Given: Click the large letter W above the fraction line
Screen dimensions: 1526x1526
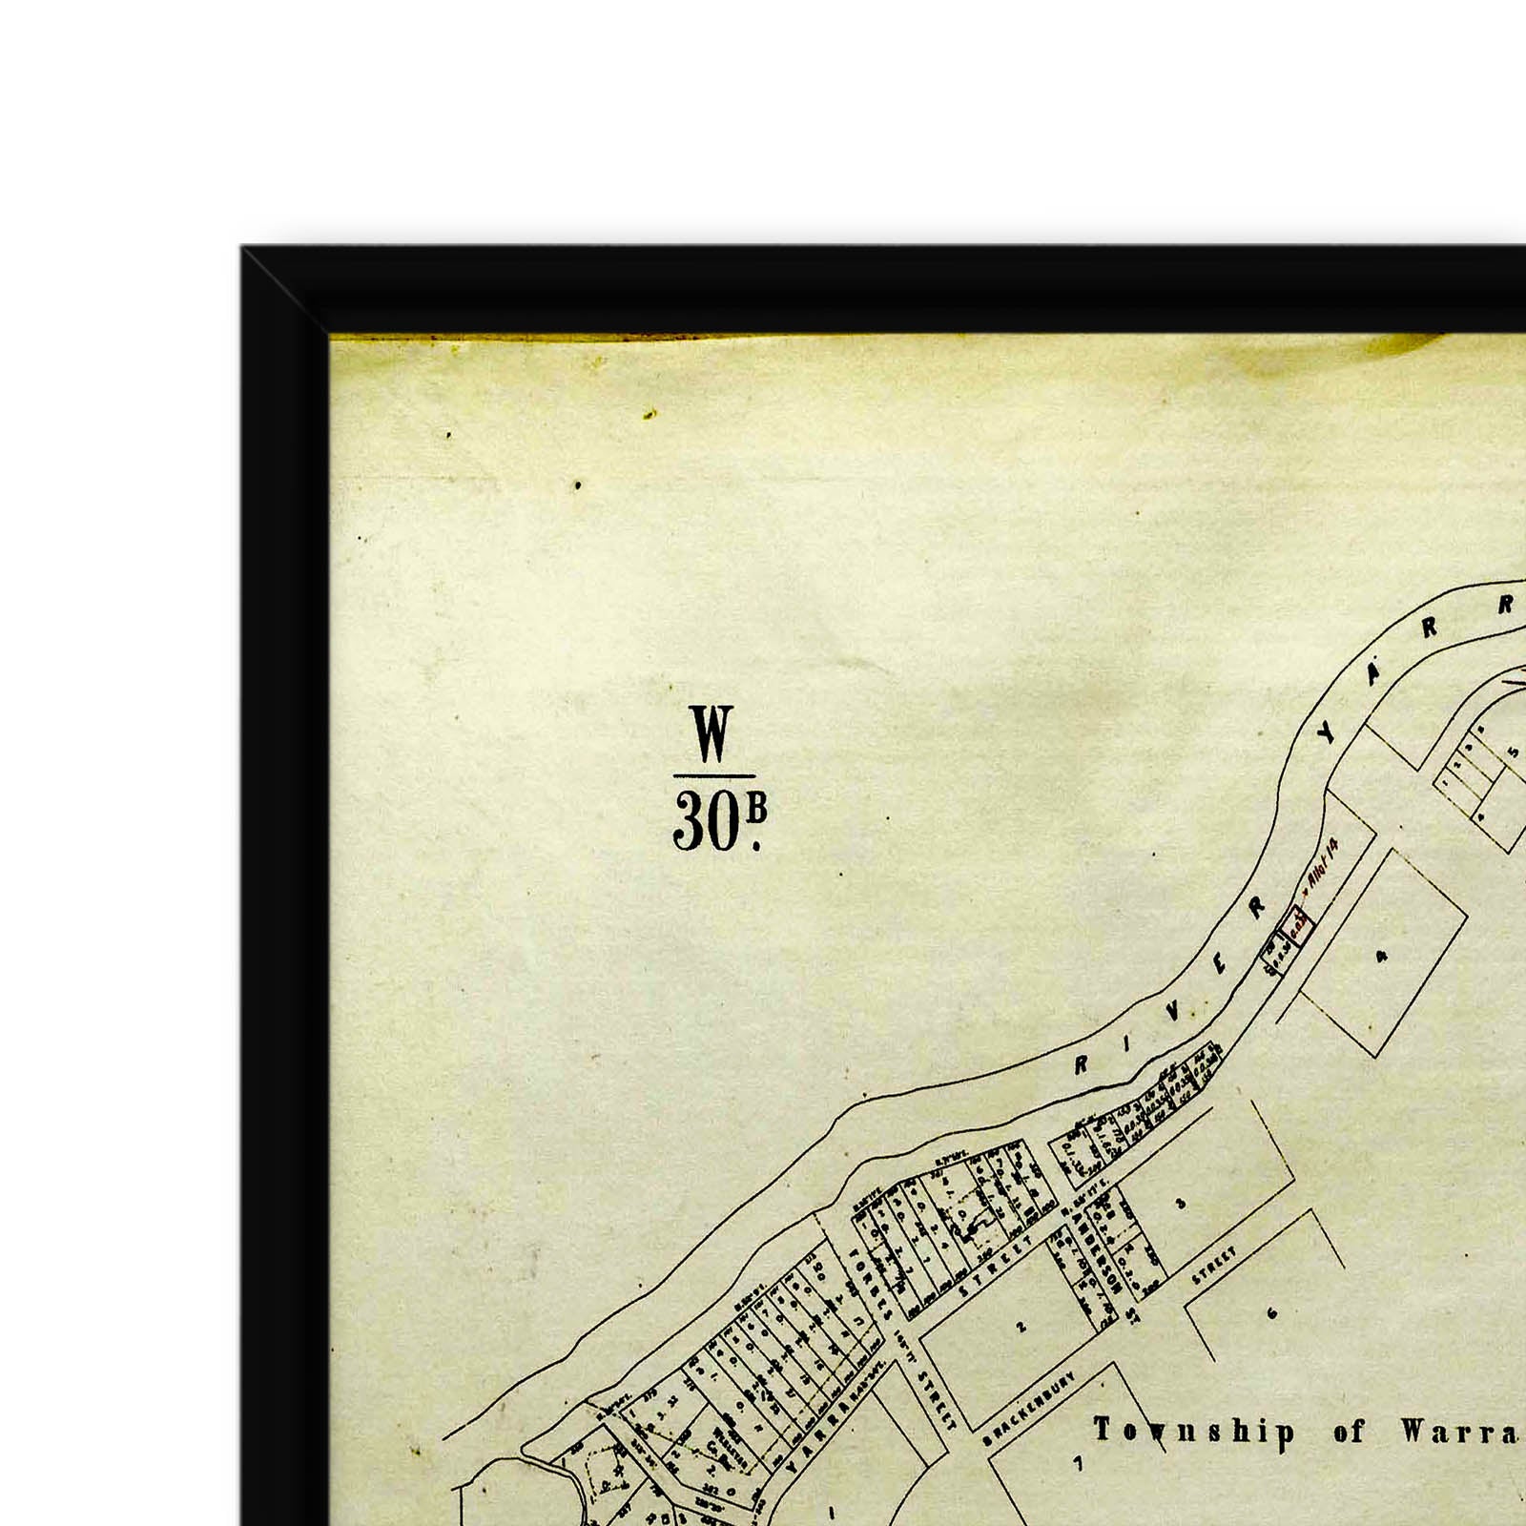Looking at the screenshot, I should (712, 734).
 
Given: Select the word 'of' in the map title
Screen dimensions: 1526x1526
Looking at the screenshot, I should (1350, 1432).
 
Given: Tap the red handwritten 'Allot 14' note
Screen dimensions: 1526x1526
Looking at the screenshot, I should (1325, 864).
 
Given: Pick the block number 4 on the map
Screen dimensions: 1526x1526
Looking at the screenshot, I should (1382, 955).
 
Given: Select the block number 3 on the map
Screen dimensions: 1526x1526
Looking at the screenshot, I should (1181, 1204).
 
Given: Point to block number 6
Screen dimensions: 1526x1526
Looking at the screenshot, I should (1271, 1313).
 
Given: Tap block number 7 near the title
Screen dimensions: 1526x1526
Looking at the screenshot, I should (1079, 1463).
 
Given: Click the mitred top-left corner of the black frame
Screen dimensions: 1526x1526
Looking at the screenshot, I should (286, 291).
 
